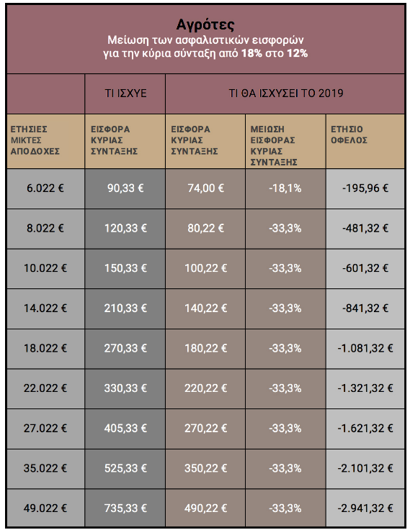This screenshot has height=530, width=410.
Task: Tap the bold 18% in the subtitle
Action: (x=252, y=53)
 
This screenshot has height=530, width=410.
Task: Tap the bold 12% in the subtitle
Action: (x=298, y=53)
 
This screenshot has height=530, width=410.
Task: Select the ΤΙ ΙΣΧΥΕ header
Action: (x=125, y=93)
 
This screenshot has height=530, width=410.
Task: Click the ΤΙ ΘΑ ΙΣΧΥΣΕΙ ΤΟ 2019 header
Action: (x=286, y=93)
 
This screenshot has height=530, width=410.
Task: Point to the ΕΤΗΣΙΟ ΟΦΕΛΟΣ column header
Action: (x=349, y=134)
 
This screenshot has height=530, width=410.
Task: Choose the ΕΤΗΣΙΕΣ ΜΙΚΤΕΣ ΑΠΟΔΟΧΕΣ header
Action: (x=35, y=140)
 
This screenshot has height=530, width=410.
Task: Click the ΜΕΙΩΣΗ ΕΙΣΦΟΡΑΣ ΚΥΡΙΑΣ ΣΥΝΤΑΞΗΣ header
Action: (x=274, y=146)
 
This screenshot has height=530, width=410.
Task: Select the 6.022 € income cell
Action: (x=45, y=188)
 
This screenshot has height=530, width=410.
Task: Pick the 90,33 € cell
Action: (x=125, y=188)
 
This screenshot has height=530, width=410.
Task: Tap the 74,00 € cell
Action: (x=205, y=188)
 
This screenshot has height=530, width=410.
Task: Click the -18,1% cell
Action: (x=285, y=188)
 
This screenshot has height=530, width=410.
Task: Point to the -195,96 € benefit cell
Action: (x=365, y=188)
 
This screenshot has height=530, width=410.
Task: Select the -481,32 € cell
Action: (x=365, y=228)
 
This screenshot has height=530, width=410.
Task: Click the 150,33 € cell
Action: (x=125, y=268)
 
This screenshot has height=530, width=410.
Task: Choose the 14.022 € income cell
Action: (x=45, y=309)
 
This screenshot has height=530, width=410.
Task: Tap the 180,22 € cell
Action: (x=205, y=348)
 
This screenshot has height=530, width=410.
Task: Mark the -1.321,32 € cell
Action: (x=365, y=388)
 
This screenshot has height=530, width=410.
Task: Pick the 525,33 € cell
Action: (x=125, y=468)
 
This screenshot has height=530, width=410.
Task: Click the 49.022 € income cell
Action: (x=45, y=508)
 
